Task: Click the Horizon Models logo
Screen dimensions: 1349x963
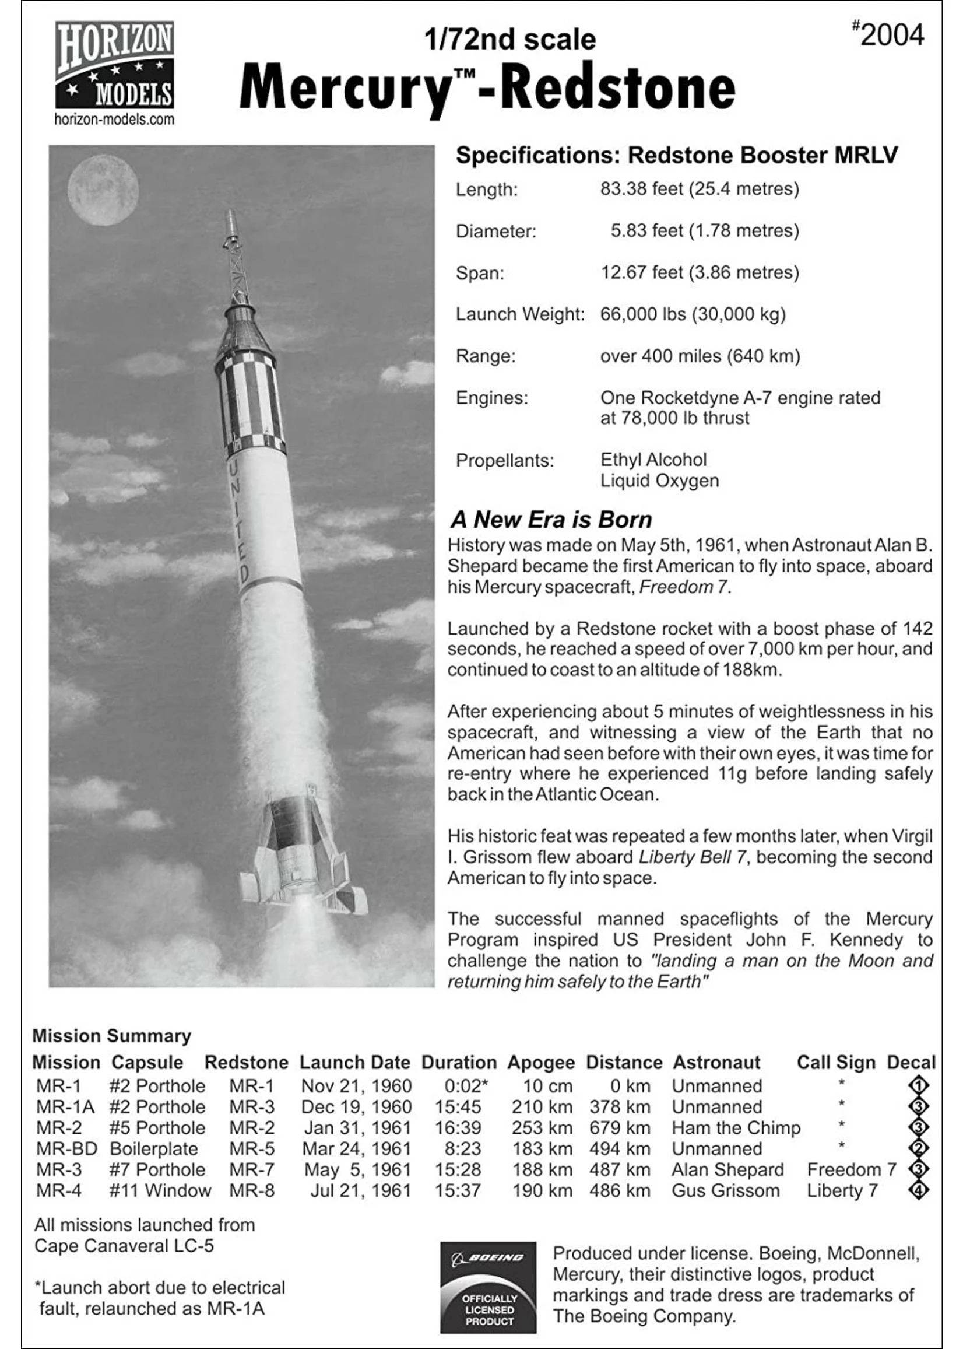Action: coord(114,65)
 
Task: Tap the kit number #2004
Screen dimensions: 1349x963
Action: coord(888,35)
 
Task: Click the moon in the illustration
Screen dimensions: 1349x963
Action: coord(103,189)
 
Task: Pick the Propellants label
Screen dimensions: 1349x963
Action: coord(505,460)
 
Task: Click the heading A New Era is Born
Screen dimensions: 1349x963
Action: coord(551,520)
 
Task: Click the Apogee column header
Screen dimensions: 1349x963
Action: coord(540,1063)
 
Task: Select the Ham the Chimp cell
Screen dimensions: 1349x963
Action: coord(735,1128)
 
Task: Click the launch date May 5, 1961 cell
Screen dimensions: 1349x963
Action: coord(357,1170)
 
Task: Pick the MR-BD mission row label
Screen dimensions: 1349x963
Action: coord(66,1149)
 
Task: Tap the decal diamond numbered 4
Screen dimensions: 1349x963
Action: coord(918,1190)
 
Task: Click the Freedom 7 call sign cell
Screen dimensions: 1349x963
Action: coord(851,1170)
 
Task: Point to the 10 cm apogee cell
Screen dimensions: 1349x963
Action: coord(547,1086)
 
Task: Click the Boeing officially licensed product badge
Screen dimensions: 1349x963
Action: coord(488,1287)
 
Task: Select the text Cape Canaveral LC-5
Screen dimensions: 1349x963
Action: coord(124,1246)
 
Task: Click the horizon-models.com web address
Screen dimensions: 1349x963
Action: coord(114,119)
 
